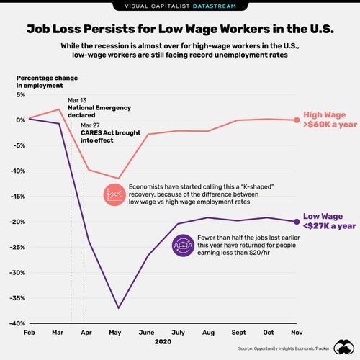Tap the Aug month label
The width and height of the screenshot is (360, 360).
point(209,333)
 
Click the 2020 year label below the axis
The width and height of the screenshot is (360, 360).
point(163,345)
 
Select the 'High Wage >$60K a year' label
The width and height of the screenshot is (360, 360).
point(326,120)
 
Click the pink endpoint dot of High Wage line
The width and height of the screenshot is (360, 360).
point(294,120)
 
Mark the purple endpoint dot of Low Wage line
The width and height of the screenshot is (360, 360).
point(294,221)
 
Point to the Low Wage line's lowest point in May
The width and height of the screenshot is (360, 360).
point(119,308)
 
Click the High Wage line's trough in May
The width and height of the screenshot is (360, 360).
point(119,179)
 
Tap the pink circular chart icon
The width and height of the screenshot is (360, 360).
point(113,194)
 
